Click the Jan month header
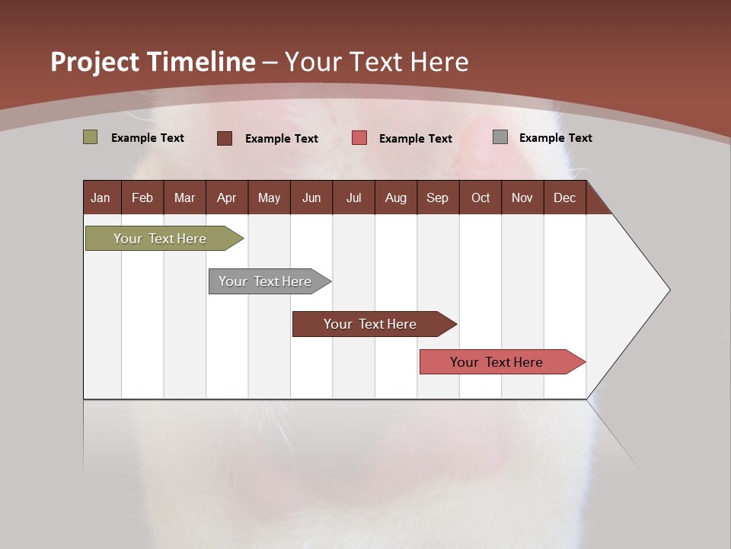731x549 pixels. tap(101, 197)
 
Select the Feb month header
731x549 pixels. tap(142, 197)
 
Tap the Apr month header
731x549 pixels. tap(227, 197)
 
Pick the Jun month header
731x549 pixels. tap(311, 197)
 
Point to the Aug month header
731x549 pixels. tap(396, 197)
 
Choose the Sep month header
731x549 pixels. tap(438, 197)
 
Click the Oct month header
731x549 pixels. tap(480, 197)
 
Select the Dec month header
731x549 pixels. tap(565, 197)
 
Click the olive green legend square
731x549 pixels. tap(90, 137)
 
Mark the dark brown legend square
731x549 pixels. tap(224, 138)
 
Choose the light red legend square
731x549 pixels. tap(359, 138)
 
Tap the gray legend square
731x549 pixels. tap(500, 137)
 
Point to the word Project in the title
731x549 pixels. tap(95, 62)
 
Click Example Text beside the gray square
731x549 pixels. tap(555, 138)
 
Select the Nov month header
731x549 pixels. tap(522, 197)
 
